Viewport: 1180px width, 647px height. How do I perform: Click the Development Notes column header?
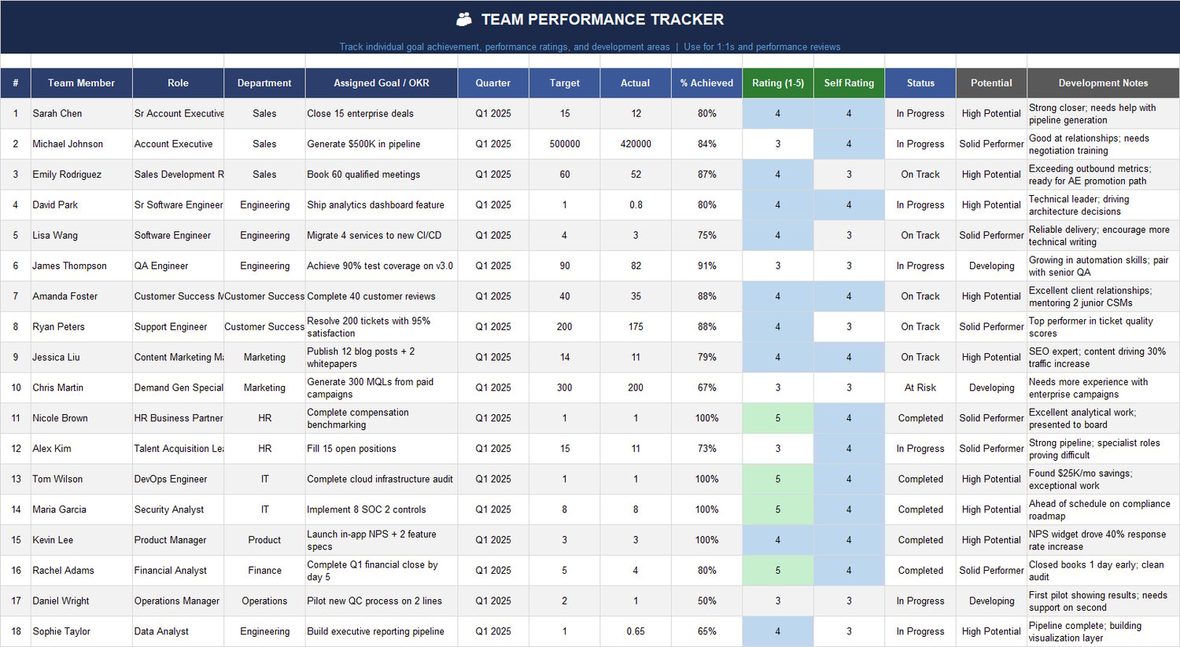point(1103,83)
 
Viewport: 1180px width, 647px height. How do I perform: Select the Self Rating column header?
point(849,83)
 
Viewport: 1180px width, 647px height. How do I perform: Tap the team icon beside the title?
point(464,20)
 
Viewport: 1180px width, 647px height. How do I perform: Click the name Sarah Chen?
point(57,113)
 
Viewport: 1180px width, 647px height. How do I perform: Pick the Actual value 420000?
point(636,144)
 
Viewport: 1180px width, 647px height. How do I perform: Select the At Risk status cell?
point(920,388)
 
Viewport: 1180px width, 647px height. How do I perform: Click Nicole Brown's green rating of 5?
point(778,418)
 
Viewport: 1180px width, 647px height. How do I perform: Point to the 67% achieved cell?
point(706,388)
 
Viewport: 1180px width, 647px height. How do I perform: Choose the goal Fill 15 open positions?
point(352,449)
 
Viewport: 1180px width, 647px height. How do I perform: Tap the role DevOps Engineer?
point(171,479)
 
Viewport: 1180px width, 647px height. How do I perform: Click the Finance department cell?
point(264,571)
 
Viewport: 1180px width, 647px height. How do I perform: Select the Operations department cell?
point(264,601)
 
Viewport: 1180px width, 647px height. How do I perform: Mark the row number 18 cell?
point(16,631)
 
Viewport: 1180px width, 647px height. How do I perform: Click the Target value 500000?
point(565,144)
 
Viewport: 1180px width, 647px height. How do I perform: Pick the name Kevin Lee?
point(53,540)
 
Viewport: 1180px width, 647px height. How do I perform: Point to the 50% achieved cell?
point(706,601)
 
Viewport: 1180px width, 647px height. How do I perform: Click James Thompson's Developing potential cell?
point(991,266)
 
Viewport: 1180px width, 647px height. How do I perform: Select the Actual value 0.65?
point(636,631)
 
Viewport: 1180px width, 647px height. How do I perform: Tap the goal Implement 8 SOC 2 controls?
point(367,509)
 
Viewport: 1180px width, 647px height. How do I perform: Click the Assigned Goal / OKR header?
point(382,83)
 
